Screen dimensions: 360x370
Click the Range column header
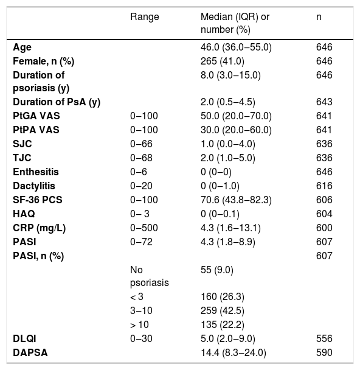pos(145,17)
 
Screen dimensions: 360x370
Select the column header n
pos(319,17)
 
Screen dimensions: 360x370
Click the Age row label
pos(22,47)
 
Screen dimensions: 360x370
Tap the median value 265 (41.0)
pos(223,61)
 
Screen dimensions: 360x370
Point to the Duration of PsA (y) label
pos(57,102)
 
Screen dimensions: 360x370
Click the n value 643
pos(324,102)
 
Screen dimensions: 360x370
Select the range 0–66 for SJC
pos(141,144)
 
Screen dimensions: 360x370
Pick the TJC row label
pos(22,158)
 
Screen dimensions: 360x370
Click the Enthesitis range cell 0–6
pos(139,172)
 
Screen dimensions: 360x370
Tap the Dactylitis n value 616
pos(324,186)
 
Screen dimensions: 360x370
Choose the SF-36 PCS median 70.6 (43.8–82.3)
pos(236,200)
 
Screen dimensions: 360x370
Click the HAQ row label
pos(24,214)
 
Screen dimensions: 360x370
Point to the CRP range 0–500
pos(144,228)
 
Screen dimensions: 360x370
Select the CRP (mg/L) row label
pos(39,228)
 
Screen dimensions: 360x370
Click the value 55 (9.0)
pos(217,270)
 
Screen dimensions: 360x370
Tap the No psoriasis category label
pos(150,276)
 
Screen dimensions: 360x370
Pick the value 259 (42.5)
pos(223,311)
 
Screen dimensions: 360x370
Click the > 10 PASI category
pos(139,325)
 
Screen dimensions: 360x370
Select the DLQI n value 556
pos(324,338)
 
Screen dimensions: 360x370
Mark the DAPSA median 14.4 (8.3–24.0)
pos(234,353)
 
